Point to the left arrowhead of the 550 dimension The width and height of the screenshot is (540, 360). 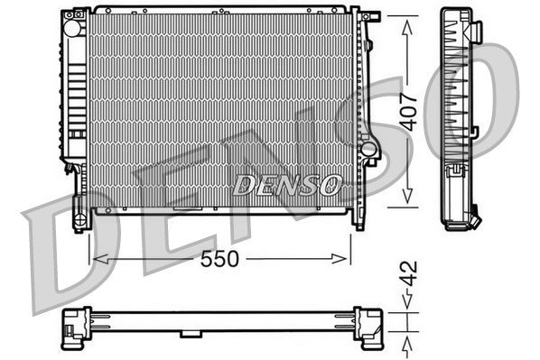95,259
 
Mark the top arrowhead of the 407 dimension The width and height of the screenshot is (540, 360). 408,20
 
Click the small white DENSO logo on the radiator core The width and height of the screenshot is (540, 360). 287,185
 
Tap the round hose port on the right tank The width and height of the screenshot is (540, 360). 368,145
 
